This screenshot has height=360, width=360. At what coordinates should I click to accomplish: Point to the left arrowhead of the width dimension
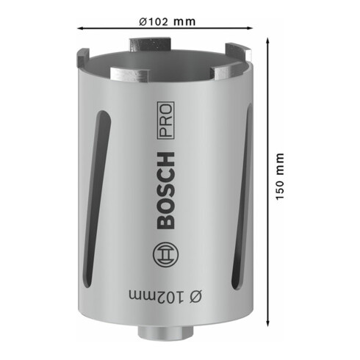point(78,28)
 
